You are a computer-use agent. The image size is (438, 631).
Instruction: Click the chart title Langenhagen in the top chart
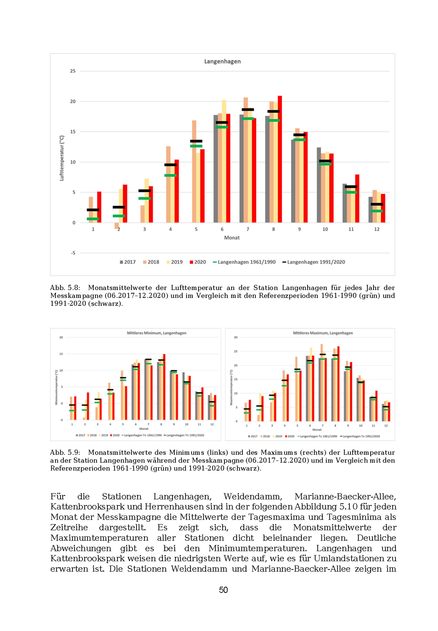coord(222,61)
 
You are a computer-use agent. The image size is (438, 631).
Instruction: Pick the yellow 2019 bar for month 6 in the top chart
coord(224,162)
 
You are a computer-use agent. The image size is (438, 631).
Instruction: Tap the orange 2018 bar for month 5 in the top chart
coord(194,171)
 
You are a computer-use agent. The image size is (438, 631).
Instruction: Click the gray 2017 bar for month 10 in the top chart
coord(319,185)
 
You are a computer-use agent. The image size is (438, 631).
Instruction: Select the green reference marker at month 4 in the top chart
coord(170,175)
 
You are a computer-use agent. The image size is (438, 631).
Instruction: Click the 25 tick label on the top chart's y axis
coord(73,71)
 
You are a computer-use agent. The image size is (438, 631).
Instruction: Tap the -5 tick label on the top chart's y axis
coord(73,253)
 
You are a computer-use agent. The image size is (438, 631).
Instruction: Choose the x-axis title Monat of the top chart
coord(232,238)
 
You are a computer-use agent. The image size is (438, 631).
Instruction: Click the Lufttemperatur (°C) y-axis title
coord(62,158)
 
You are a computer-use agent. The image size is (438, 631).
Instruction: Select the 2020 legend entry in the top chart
coord(198,262)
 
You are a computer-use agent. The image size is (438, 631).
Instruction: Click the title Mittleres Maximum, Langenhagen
coord(323,333)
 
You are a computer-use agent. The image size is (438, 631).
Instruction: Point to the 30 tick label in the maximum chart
coord(235,337)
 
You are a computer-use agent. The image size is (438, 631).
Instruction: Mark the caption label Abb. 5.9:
coord(65,452)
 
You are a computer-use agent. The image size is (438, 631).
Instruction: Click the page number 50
coord(223,590)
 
